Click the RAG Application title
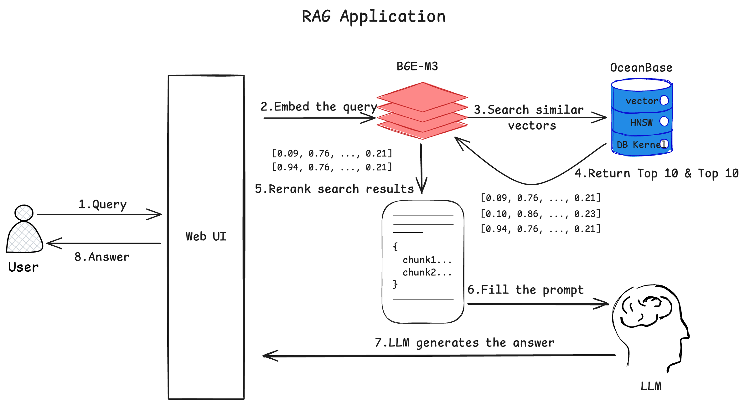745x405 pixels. [x=374, y=17]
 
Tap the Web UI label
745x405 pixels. [x=206, y=236]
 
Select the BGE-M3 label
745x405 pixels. [x=417, y=66]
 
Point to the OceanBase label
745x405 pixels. [x=641, y=68]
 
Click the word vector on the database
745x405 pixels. [x=642, y=101]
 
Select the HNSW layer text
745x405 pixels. [x=641, y=122]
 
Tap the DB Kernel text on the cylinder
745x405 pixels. [x=641, y=145]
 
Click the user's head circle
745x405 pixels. [x=24, y=213]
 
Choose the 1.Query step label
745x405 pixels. [x=102, y=204]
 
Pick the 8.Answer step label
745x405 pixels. [x=102, y=257]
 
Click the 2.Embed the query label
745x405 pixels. [x=319, y=107]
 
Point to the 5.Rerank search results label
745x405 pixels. [x=334, y=189]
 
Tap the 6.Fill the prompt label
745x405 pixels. [x=525, y=290]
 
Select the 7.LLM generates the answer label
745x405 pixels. [x=464, y=343]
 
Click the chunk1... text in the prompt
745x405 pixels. [x=427, y=260]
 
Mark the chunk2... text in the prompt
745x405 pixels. [x=427, y=272]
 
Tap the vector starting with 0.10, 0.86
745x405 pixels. [x=541, y=214]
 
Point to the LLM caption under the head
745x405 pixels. [x=651, y=386]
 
